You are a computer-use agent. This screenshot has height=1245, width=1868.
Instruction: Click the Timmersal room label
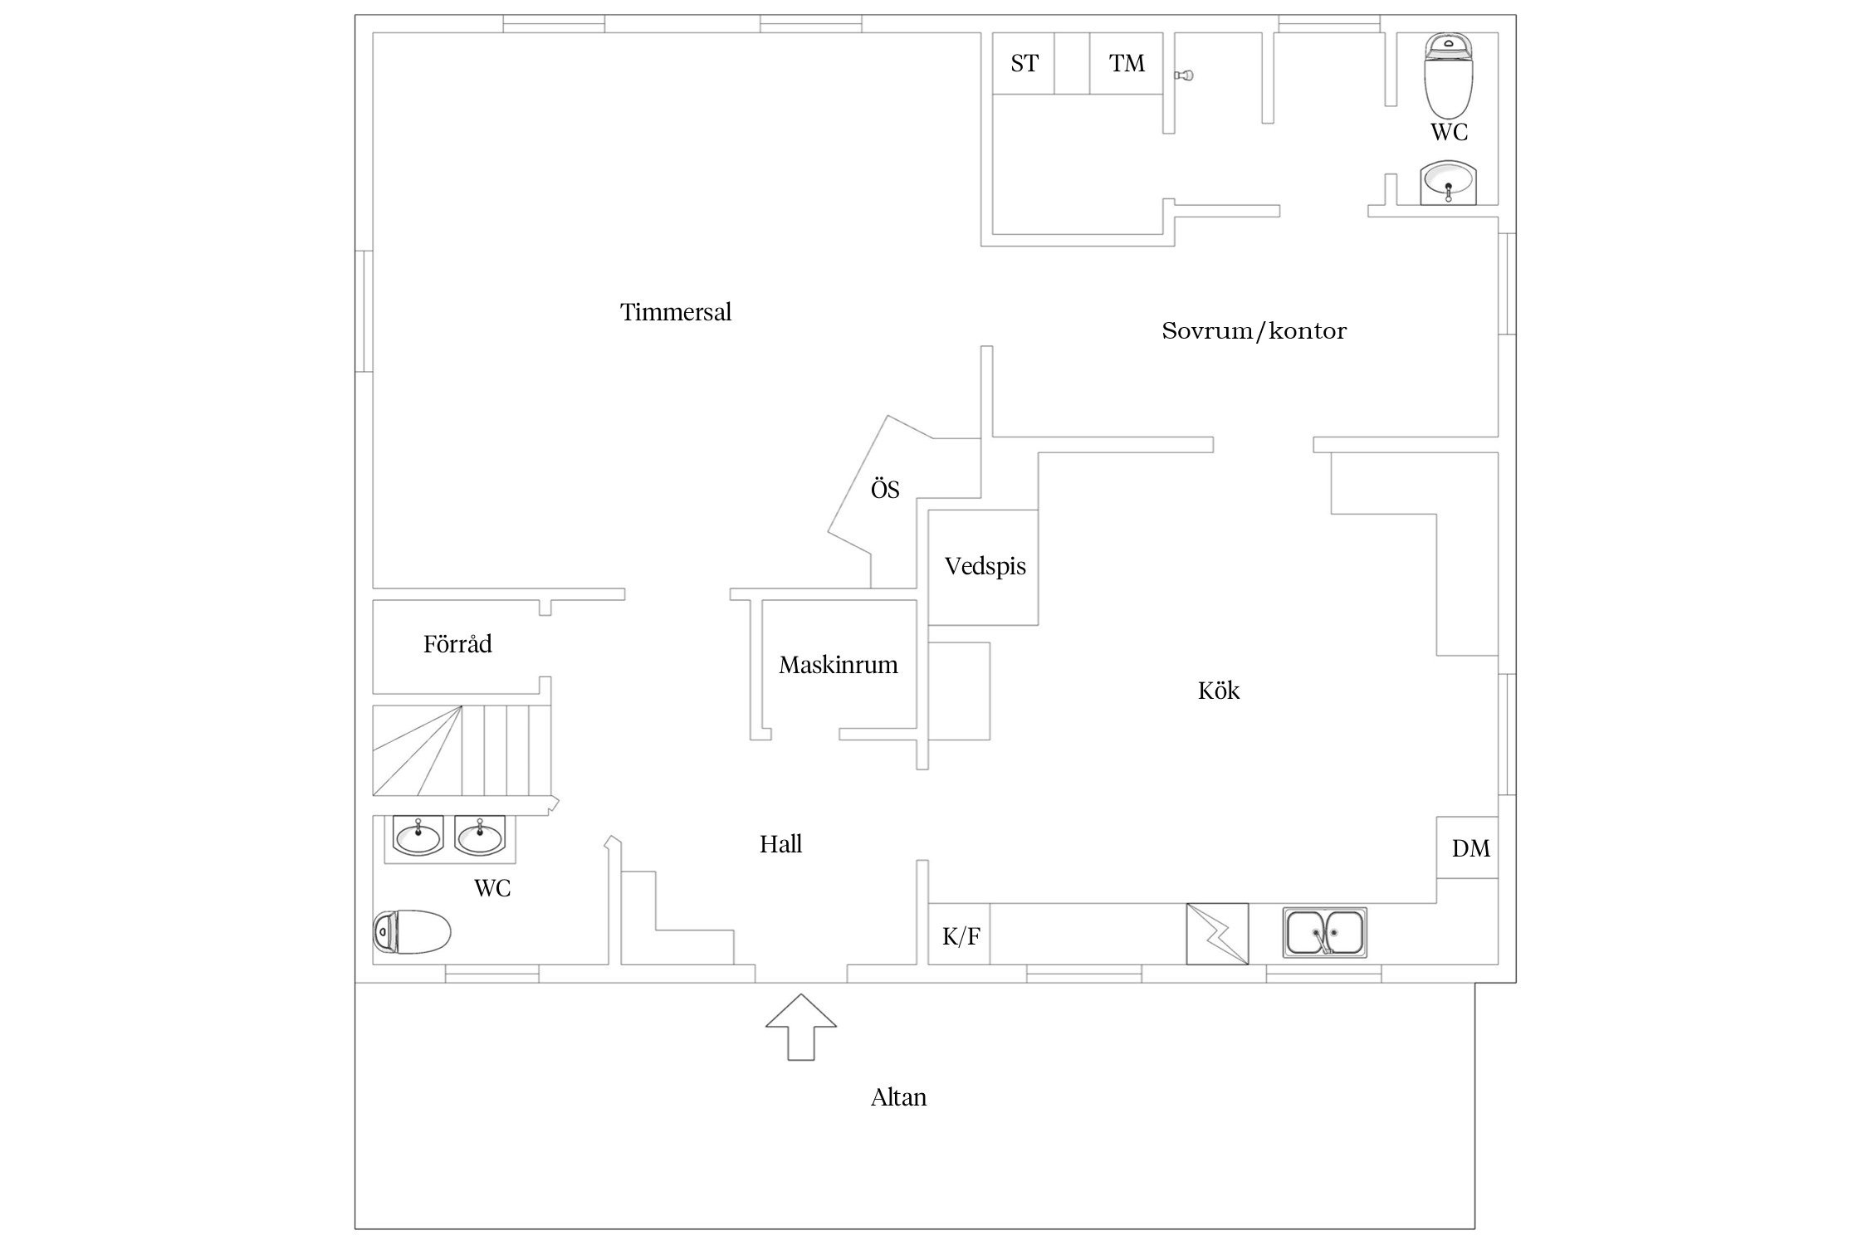(676, 312)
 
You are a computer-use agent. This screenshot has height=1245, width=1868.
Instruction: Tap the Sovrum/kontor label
(1254, 331)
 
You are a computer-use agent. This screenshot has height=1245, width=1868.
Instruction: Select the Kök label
(1219, 691)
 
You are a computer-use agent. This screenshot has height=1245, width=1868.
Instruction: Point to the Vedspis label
(985, 566)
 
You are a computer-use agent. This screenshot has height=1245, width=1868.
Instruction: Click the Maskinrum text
(839, 665)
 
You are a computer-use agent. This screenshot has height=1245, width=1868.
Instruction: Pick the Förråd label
(457, 644)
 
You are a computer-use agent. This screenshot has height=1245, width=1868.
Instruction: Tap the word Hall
(780, 844)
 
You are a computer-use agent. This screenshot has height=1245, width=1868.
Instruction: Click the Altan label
(898, 1097)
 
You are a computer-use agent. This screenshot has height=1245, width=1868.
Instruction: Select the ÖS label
(885, 490)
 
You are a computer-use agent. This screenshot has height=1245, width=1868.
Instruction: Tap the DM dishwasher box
(1469, 847)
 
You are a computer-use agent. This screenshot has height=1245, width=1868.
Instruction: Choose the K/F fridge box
(960, 935)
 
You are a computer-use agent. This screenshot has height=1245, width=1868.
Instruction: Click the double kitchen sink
(1325, 931)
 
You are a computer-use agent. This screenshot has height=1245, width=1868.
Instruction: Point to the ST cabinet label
(1024, 63)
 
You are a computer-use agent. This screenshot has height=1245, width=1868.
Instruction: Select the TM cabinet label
(1127, 63)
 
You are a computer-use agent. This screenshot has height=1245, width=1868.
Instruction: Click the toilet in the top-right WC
(1449, 76)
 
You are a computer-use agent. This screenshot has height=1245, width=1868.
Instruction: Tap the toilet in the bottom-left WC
(413, 932)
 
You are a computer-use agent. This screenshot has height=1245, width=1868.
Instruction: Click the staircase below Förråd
(461, 750)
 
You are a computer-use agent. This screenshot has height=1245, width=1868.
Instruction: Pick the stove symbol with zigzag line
(1217, 934)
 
